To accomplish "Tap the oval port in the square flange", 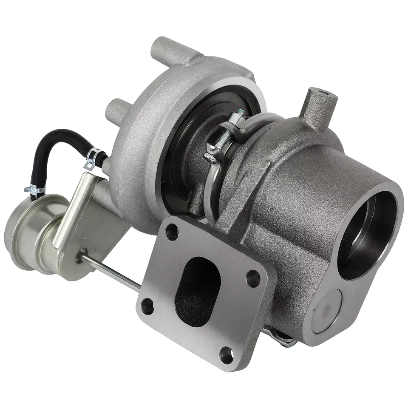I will click(198, 291).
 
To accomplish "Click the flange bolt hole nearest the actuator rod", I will click(147, 306).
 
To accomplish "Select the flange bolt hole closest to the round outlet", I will click(253, 278).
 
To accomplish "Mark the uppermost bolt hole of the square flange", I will click(172, 232).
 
